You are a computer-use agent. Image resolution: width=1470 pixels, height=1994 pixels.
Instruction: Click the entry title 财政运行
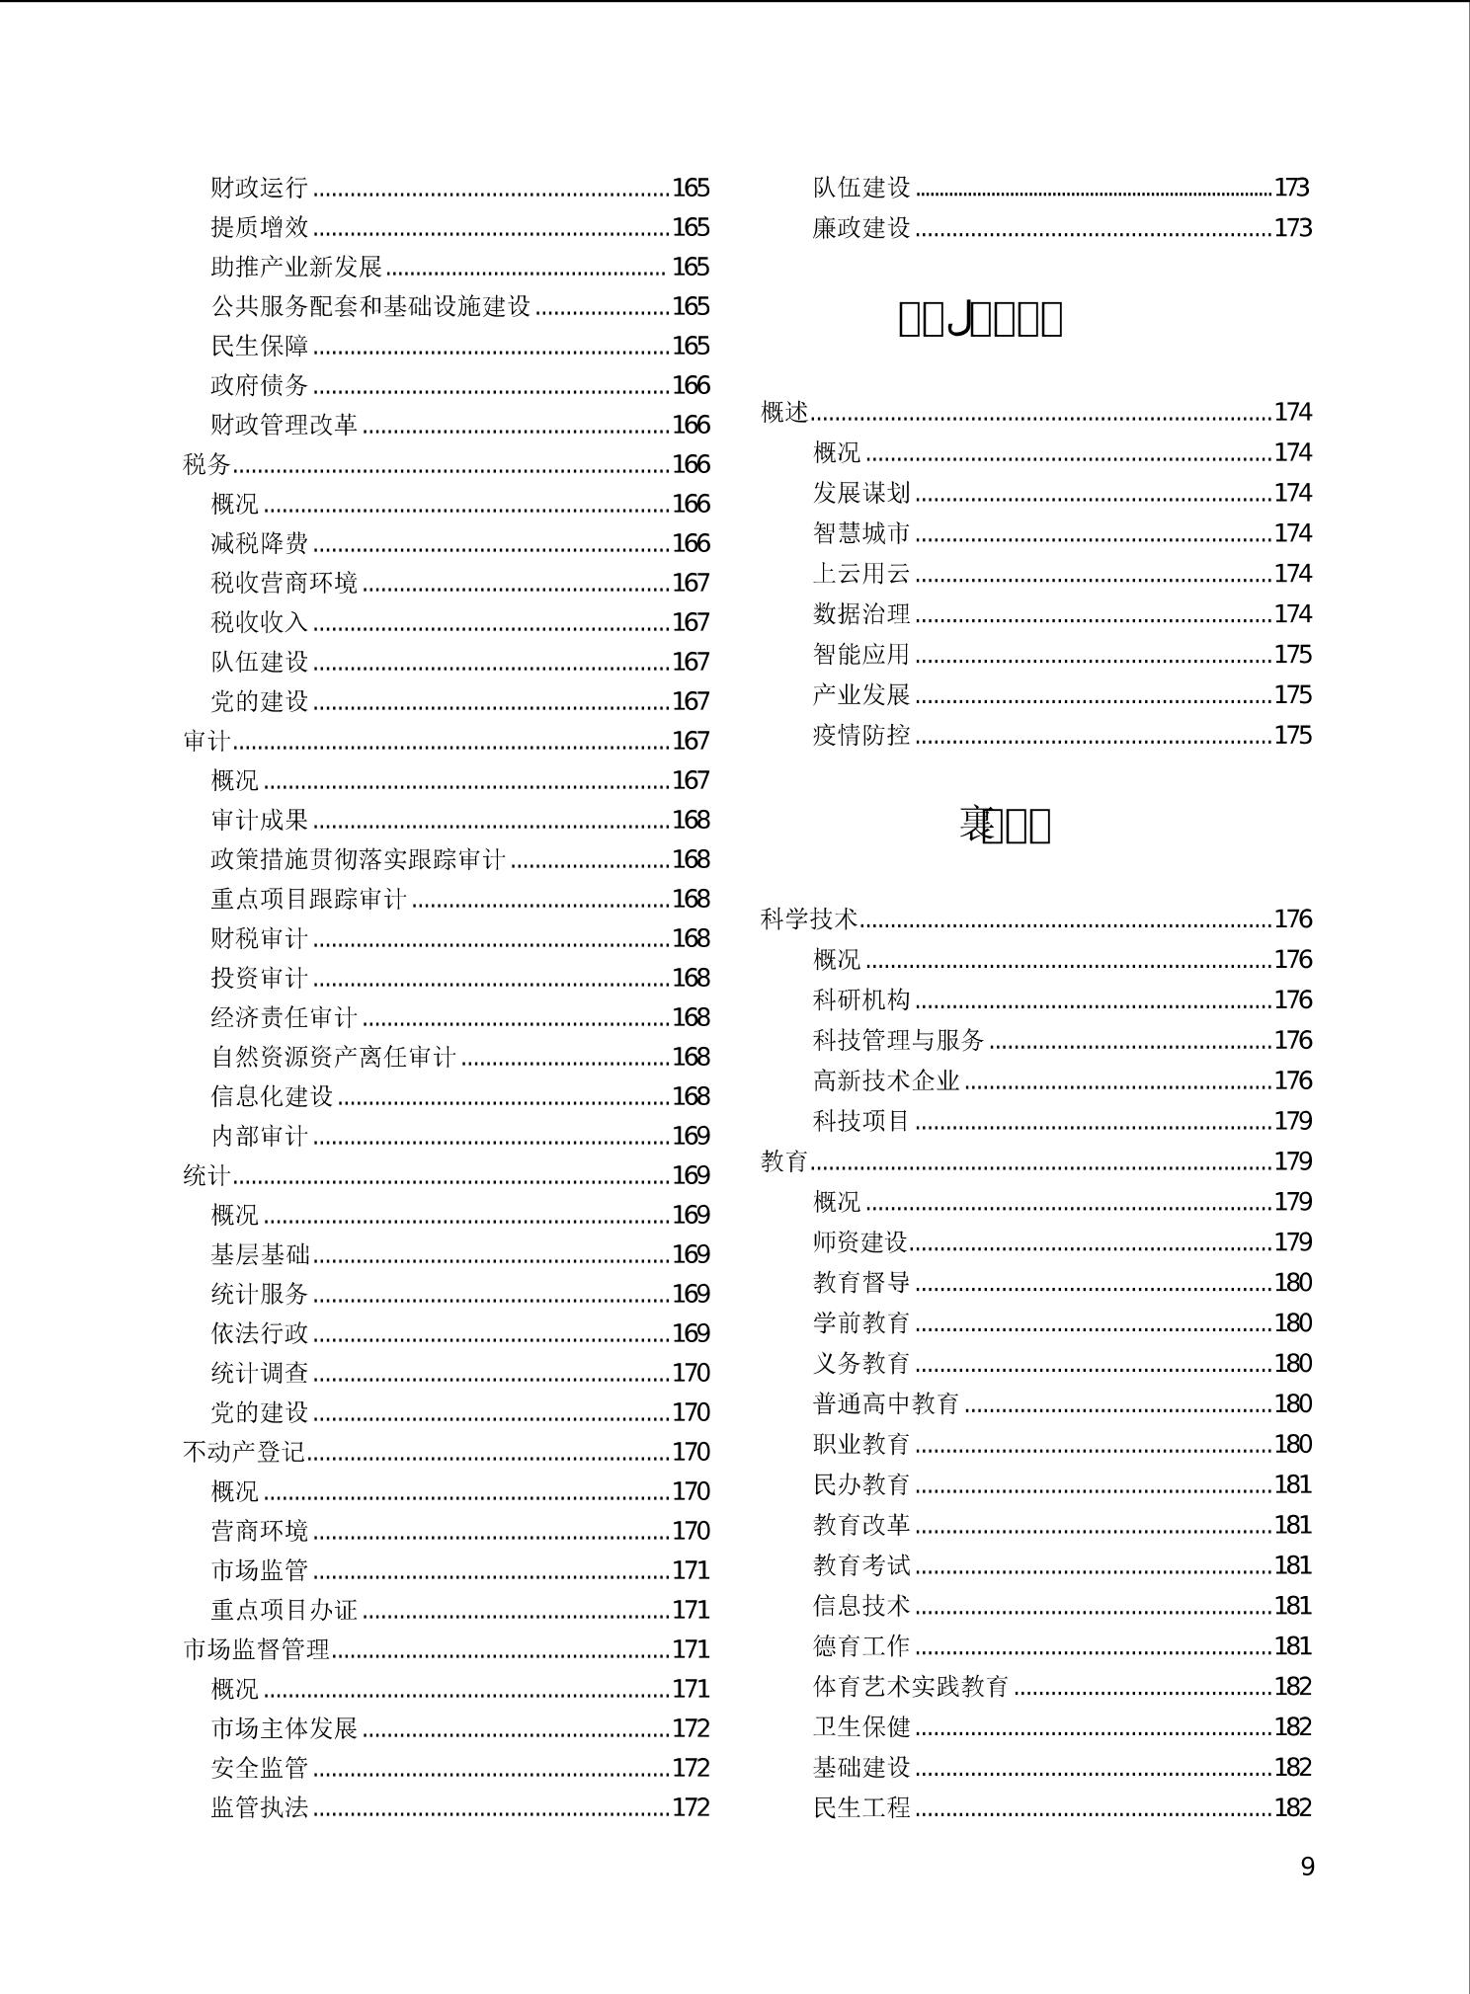click(x=259, y=188)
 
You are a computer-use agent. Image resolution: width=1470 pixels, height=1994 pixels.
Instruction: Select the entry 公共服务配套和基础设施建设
click(x=370, y=306)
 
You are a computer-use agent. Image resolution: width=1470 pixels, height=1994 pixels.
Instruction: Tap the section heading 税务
click(x=206, y=464)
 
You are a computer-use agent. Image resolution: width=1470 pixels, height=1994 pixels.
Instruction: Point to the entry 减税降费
click(x=259, y=543)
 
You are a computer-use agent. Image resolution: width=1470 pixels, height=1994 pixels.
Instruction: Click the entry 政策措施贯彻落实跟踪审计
click(x=358, y=859)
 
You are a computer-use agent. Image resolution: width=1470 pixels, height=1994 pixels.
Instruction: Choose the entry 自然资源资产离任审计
click(x=333, y=1057)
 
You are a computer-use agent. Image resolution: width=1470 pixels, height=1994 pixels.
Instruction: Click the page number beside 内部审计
click(x=691, y=1136)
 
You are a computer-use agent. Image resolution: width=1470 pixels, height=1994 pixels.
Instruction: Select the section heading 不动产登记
click(x=243, y=1452)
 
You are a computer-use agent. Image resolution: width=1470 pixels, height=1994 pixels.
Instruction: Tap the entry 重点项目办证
click(x=284, y=1610)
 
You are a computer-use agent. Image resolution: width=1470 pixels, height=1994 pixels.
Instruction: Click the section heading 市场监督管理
click(x=256, y=1649)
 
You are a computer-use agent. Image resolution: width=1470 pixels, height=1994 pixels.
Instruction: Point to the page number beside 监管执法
click(x=691, y=1807)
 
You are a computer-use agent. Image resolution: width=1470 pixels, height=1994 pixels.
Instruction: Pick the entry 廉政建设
click(x=861, y=228)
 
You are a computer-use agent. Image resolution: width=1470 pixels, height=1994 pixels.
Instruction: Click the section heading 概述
click(x=784, y=412)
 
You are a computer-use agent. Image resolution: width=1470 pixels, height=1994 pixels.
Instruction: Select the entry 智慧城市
click(x=861, y=533)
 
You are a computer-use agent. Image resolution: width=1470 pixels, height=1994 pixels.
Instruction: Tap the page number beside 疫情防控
click(x=1292, y=735)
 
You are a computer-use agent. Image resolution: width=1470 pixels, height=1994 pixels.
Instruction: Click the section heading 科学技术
click(x=809, y=918)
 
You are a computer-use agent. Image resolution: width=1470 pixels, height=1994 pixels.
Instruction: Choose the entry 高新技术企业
click(x=886, y=1080)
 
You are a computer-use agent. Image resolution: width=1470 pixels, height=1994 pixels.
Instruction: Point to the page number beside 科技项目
click(x=1292, y=1121)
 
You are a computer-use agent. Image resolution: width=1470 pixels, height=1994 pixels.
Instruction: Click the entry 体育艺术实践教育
click(x=911, y=1686)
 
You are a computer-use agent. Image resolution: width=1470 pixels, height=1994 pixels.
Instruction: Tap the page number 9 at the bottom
click(x=1307, y=1867)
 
